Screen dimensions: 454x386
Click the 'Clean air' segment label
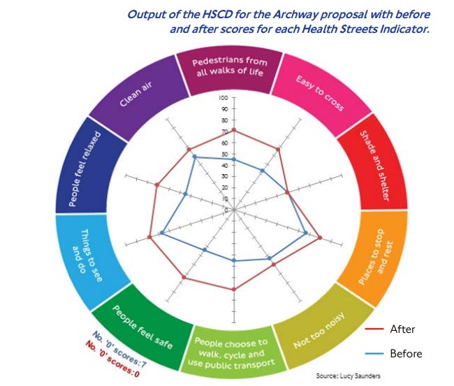136,94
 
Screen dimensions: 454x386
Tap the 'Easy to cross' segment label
320,93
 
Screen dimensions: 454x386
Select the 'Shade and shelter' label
374,166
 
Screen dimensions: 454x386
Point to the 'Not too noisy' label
319,330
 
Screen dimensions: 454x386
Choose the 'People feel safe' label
142,327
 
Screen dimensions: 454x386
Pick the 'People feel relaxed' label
85,169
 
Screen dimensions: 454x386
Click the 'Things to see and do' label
87,255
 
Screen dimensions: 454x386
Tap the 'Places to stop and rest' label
376,257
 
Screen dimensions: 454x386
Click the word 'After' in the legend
402,329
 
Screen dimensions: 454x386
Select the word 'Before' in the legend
406,354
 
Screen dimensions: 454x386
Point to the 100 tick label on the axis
224,98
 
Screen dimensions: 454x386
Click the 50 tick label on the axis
225,154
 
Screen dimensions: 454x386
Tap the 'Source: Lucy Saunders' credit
348,376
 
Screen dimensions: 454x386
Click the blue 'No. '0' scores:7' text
119,350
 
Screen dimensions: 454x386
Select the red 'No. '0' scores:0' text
112,359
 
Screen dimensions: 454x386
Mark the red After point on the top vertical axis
234,130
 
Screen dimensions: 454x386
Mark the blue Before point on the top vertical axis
234,159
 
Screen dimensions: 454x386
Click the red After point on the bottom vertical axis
234,289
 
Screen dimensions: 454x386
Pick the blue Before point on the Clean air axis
195,157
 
